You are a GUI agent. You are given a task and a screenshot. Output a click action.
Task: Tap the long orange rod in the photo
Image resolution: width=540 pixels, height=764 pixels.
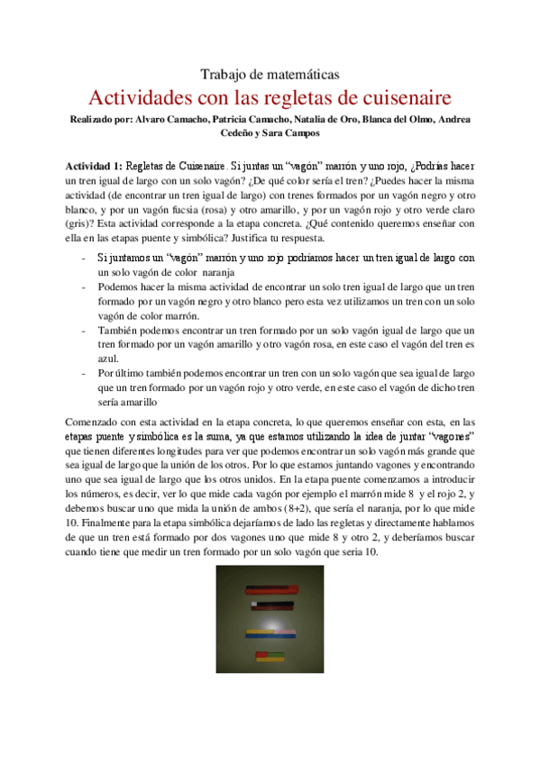pos(271,592)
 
